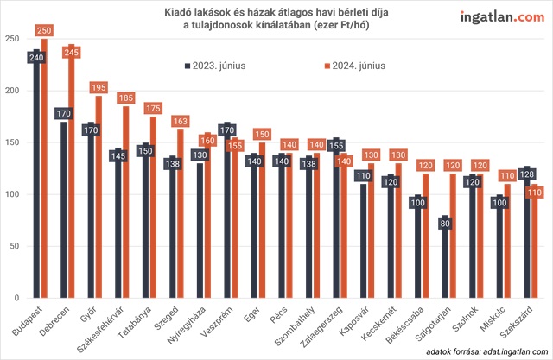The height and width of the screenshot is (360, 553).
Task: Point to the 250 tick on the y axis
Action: pyautogui.click(x=11, y=39)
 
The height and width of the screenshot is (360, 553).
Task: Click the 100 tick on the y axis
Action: pyautogui.click(x=11, y=194)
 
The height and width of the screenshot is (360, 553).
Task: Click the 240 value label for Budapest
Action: pyautogui.click(x=36, y=58)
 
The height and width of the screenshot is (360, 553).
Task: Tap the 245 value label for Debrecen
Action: pyautogui.click(x=73, y=52)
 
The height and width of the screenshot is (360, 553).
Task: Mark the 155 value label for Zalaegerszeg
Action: pyautogui.click(x=337, y=145)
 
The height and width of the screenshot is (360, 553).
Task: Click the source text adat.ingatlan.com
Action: pyautogui.click(x=506, y=352)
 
